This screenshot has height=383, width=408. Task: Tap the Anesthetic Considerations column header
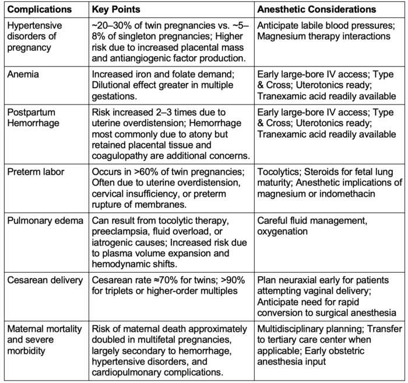tap(316, 10)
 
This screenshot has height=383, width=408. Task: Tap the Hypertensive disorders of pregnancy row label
tap(36, 36)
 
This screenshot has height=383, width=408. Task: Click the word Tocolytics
tap(278, 172)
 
